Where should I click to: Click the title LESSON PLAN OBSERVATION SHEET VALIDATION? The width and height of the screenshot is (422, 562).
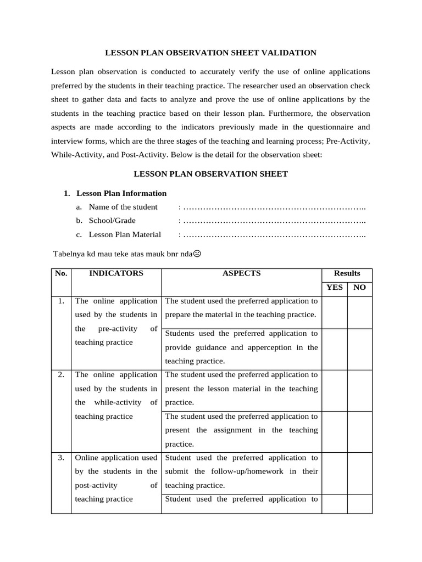(210, 53)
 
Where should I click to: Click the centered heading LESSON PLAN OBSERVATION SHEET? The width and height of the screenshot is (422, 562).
(211, 174)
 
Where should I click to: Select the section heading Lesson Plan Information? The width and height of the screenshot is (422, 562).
(121, 193)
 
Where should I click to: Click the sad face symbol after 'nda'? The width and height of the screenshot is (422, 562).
(197, 254)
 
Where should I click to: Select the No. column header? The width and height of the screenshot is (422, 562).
(60, 273)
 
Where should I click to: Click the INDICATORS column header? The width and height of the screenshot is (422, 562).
(116, 273)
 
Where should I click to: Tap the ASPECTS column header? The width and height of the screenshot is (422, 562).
(241, 273)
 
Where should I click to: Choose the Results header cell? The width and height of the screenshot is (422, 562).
(347, 273)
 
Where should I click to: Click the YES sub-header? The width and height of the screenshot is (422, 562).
(335, 288)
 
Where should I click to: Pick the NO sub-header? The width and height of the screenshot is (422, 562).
(359, 288)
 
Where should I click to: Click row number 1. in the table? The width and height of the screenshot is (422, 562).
(61, 301)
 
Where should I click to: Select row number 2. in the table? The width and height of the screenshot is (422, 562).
(61, 375)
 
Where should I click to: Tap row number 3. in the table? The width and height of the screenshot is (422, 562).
(61, 457)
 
